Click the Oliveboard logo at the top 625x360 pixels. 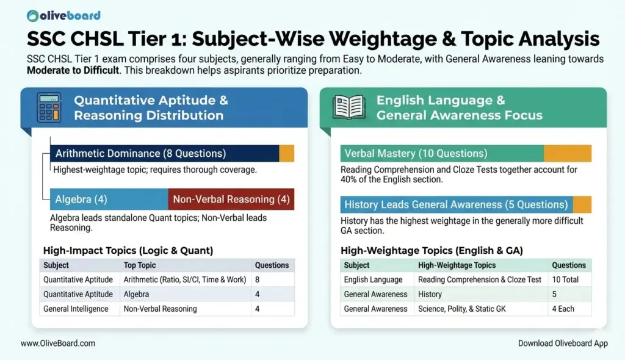click(x=64, y=15)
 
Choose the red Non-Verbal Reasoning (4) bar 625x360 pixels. click(x=231, y=199)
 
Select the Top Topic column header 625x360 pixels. click(x=140, y=265)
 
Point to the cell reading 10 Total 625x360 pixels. click(x=568, y=279)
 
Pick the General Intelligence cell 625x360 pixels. click(x=76, y=309)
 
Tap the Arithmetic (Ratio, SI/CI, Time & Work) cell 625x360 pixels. click(x=185, y=279)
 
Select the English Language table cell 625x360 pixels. click(x=373, y=279)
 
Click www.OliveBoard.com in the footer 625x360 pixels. click(x=58, y=344)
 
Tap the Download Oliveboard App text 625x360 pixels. click(x=563, y=344)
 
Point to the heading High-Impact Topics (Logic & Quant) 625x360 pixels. click(x=128, y=250)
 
